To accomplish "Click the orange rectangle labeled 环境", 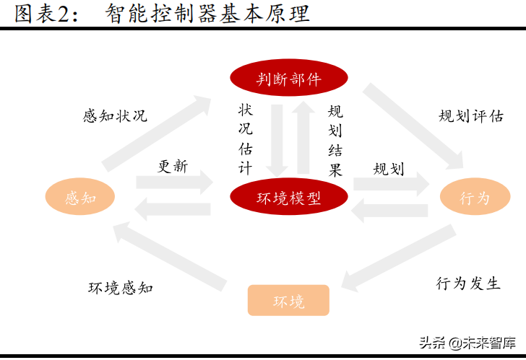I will (x=288, y=301).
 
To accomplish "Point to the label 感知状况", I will (x=115, y=115).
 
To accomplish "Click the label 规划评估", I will (x=471, y=115).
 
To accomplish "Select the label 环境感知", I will (x=121, y=287).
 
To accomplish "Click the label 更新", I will (x=173, y=166).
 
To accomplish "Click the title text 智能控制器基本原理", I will (x=207, y=13).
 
